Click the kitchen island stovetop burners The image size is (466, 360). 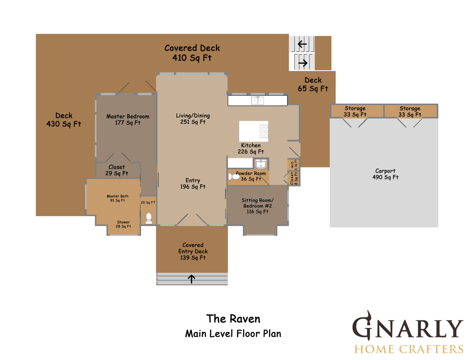tap(264, 131)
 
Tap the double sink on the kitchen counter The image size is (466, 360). tap(257, 100)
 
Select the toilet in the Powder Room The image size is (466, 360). tap(234, 177)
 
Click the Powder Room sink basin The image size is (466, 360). tap(261, 164)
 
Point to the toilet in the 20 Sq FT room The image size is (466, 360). tap(149, 218)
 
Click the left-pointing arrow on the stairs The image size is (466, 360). tap(302, 44)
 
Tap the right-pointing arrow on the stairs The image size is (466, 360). tap(303, 63)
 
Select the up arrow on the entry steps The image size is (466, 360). tap(191, 279)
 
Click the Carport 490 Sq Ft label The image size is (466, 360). tap(385, 174)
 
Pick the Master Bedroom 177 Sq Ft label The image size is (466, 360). tap(127, 119)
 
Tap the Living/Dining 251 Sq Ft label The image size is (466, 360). tap(193, 119)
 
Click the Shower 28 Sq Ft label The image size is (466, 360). tap(123, 224)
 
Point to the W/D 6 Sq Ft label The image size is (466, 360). tap(293, 165)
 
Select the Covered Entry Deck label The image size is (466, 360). tap(193, 251)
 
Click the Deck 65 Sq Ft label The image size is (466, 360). tap(313, 84)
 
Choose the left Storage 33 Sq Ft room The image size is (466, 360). tap(357, 111)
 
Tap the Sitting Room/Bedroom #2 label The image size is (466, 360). tap(257, 206)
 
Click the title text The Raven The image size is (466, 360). tap(233, 319)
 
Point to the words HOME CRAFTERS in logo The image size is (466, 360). tap(409, 349)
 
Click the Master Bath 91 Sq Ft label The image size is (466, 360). tap(118, 198)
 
